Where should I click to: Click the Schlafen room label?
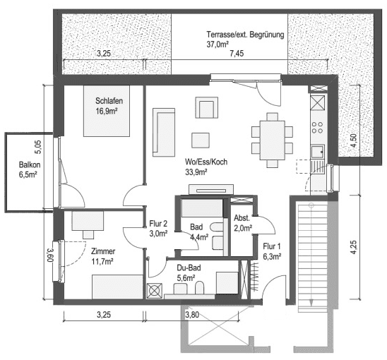pos(109,101)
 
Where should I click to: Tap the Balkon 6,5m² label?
pos(30,169)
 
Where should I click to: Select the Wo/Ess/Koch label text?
pos(206,162)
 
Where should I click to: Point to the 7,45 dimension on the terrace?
pos(237,54)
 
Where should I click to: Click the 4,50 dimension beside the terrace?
pos(354,140)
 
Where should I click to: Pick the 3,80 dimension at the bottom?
pos(192,315)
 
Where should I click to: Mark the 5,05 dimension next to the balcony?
pos(39,147)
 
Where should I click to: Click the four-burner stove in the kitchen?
pos(317,127)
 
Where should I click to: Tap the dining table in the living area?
pos(272,140)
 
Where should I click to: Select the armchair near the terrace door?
pos(207,107)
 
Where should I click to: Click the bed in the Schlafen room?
pos(107,111)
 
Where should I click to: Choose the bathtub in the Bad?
pos(203,208)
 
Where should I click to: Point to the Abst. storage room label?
pos(242,218)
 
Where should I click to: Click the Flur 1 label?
pos(272,246)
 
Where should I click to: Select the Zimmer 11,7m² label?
pos(103,256)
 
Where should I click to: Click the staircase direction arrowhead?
pos(311,302)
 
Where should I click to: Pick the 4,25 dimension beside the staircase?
pos(354,247)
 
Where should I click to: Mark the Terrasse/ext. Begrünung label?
pos(245,35)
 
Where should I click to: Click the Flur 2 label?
pos(158,224)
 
